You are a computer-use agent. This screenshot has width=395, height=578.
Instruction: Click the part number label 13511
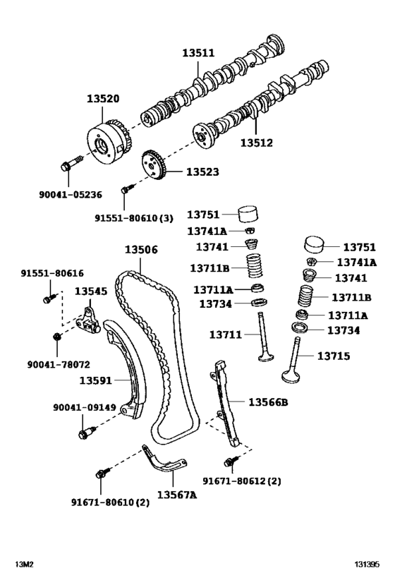(x=200, y=53)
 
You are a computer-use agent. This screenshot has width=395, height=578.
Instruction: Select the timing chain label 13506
(x=141, y=250)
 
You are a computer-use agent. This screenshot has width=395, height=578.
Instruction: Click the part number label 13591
(x=96, y=380)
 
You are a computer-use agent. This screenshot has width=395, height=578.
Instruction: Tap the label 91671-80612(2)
(x=251, y=481)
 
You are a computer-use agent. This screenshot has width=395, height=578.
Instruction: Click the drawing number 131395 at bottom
(x=367, y=565)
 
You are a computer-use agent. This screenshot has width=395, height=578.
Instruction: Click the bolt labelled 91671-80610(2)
(x=101, y=471)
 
